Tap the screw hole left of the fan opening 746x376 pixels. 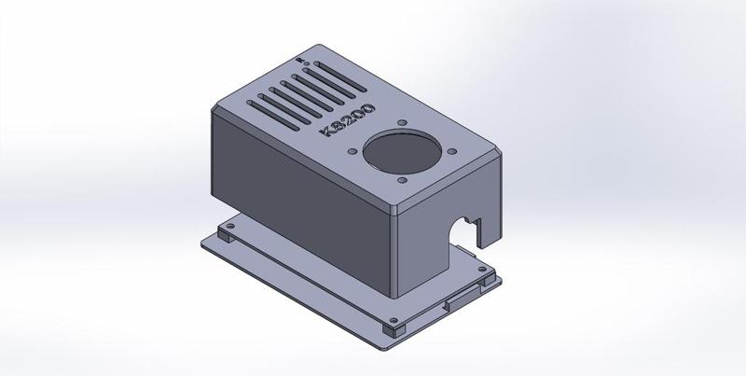(352, 149)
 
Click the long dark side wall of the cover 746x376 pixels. (298, 196)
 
